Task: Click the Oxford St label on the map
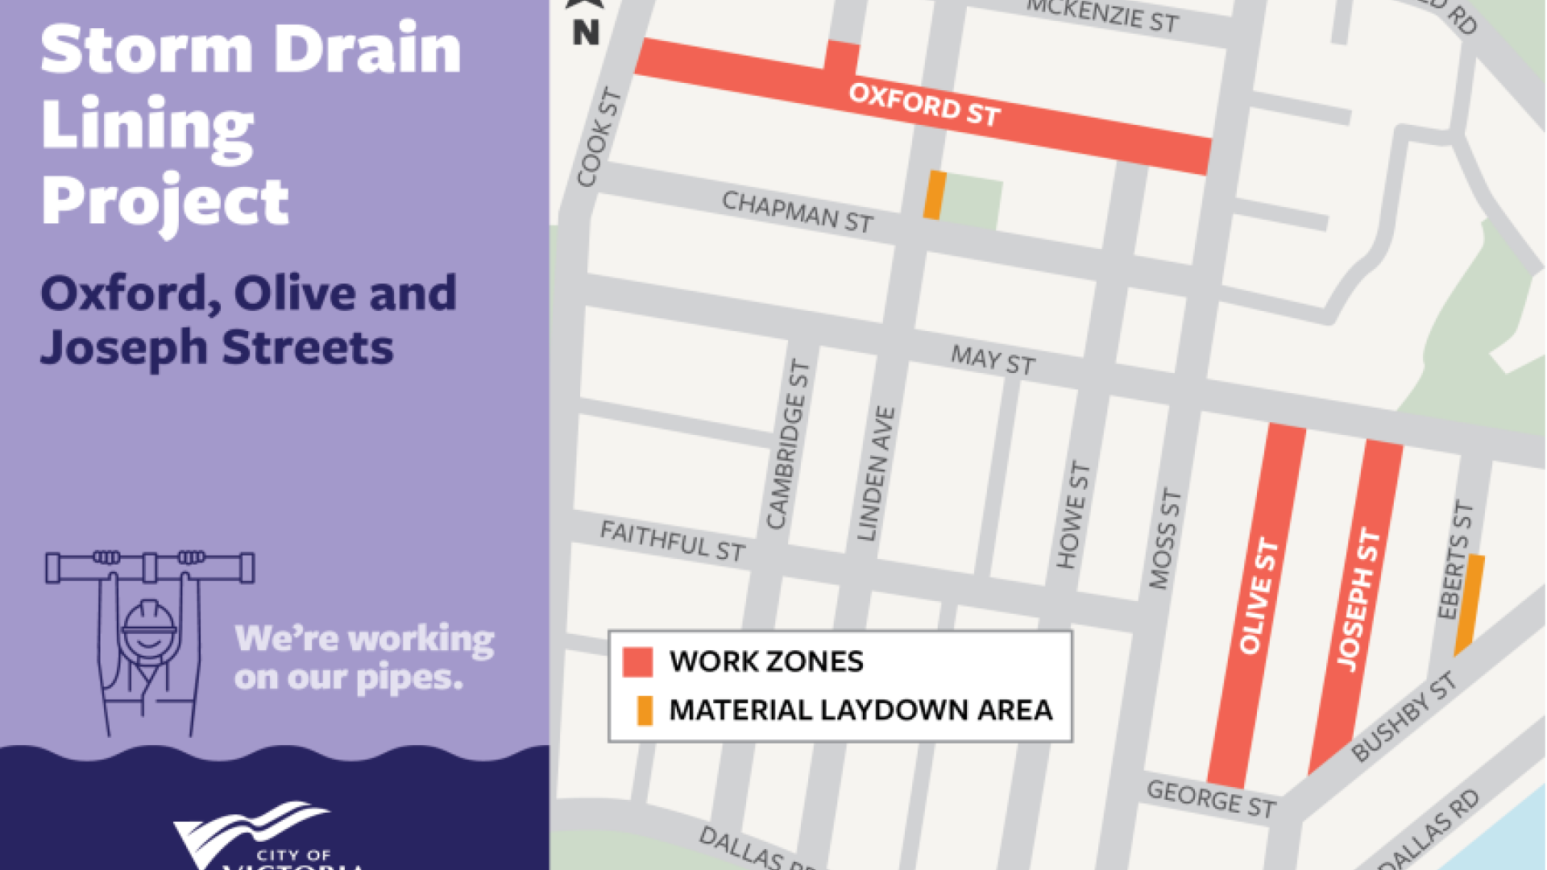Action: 924,106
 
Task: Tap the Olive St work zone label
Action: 1258,597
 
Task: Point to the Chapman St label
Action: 797,212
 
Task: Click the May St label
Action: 993,359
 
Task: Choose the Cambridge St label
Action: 787,445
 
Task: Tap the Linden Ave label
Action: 876,474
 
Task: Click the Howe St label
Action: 1072,516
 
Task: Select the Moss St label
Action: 1164,538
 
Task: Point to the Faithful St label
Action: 673,541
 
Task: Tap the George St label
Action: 1211,798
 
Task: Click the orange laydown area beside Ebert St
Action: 1470,604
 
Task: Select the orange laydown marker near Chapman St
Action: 935,195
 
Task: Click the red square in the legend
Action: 637,662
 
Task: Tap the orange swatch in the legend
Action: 645,710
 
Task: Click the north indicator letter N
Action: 586,32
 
